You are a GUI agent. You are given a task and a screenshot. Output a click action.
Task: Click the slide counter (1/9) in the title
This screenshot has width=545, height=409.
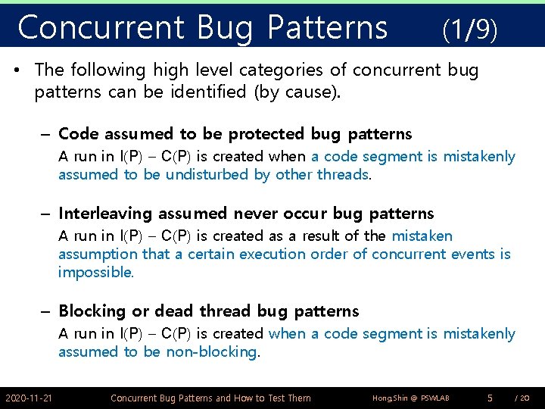(469, 30)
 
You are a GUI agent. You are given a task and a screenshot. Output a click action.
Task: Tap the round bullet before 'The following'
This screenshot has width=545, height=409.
(20, 70)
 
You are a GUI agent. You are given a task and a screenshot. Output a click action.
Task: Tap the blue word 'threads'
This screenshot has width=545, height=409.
(344, 175)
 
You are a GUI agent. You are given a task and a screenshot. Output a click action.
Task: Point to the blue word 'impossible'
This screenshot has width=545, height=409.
(95, 272)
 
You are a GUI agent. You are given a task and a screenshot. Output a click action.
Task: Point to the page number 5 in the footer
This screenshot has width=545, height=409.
(490, 397)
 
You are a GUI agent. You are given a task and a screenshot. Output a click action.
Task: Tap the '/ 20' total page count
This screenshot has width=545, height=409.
(522, 398)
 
